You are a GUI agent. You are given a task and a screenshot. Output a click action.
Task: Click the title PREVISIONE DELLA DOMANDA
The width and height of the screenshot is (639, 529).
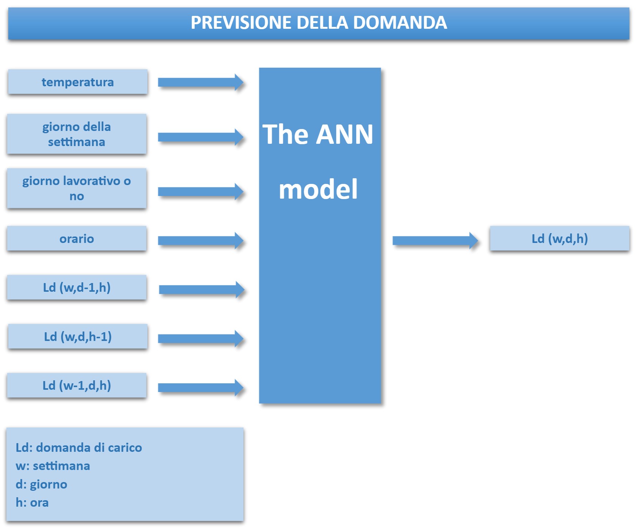319,23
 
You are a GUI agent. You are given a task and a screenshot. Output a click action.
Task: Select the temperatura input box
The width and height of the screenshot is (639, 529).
78,82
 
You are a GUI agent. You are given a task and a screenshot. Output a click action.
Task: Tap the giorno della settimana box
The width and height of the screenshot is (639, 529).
77,134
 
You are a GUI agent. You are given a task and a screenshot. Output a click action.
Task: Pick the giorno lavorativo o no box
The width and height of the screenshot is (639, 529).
77,188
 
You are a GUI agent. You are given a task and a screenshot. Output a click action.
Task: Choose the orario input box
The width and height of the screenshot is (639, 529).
77,238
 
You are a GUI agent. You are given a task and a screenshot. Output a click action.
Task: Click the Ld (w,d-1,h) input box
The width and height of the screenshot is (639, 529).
77,288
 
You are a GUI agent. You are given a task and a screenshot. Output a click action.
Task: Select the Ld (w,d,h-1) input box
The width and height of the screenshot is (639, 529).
78,336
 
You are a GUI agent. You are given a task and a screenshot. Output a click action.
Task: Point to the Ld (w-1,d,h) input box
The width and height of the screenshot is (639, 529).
77,385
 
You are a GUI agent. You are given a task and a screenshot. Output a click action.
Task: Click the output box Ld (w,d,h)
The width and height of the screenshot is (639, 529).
560,238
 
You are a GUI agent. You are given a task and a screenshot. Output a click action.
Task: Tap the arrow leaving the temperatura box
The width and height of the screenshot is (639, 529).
201,82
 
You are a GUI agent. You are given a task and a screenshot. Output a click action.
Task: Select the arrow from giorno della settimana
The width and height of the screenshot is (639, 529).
201,137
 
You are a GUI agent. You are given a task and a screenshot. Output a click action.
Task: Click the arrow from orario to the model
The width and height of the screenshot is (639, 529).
201,241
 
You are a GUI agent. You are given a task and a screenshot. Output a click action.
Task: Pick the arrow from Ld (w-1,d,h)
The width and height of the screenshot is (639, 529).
201,387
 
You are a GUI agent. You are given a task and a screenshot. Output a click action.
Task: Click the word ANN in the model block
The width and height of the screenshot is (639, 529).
344,134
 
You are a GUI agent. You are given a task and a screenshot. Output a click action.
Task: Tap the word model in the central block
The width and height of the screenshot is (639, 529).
318,189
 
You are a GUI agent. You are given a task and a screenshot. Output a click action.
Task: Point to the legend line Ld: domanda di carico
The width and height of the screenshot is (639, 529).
79,448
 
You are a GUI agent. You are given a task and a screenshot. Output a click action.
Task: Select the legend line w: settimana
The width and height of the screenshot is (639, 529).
53,466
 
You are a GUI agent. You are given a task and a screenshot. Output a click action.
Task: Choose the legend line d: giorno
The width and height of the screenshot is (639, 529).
42,484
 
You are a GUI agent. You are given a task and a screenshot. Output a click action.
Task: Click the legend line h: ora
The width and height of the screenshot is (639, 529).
32,503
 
